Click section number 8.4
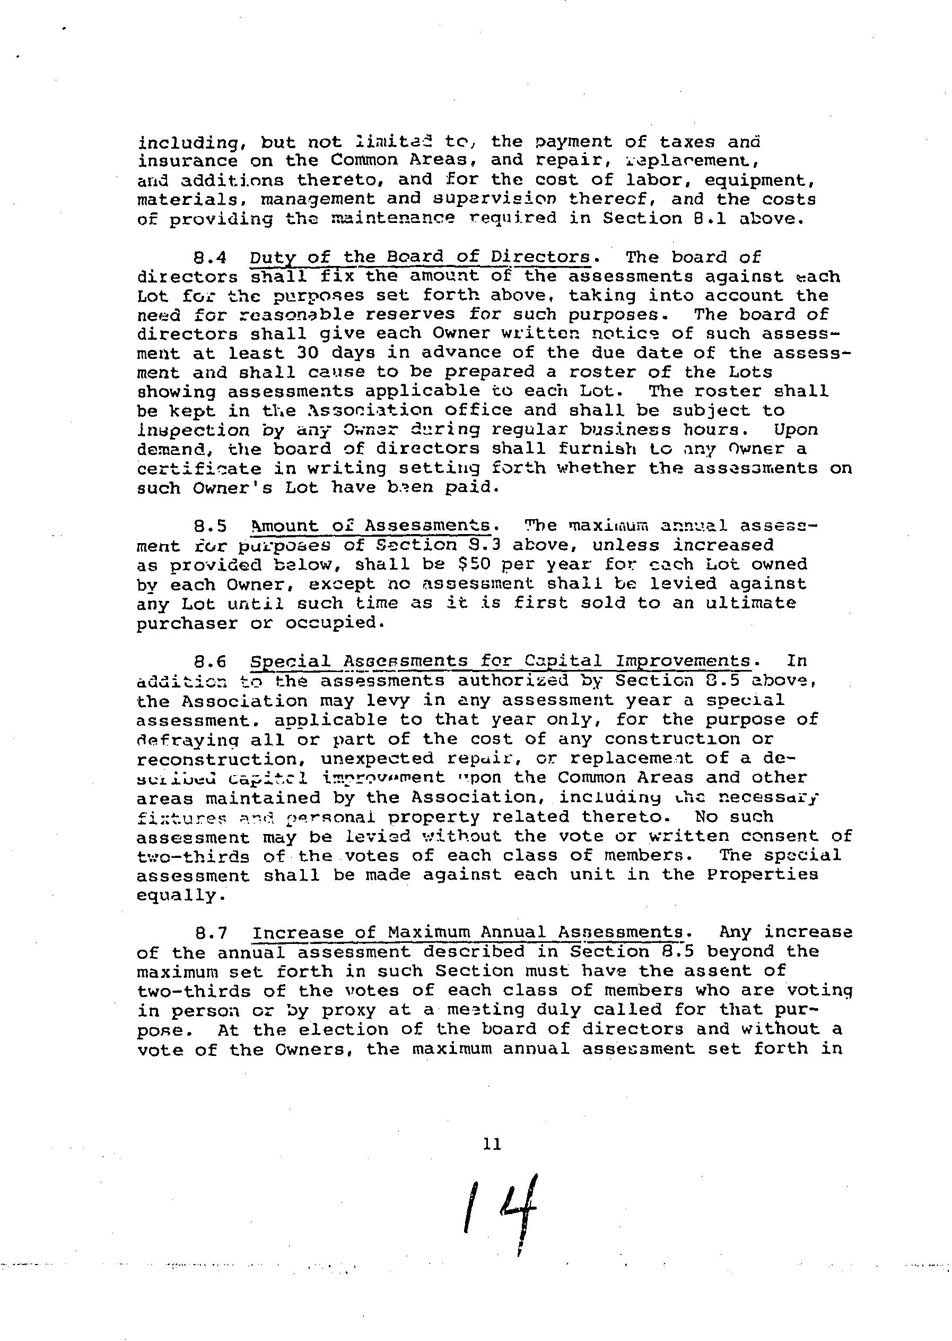(210, 257)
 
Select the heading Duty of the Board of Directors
(420, 257)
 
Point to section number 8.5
(210, 526)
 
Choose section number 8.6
(210, 661)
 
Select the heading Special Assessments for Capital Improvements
(501, 661)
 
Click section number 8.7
(210, 933)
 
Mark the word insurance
(187, 161)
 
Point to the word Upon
(795, 430)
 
